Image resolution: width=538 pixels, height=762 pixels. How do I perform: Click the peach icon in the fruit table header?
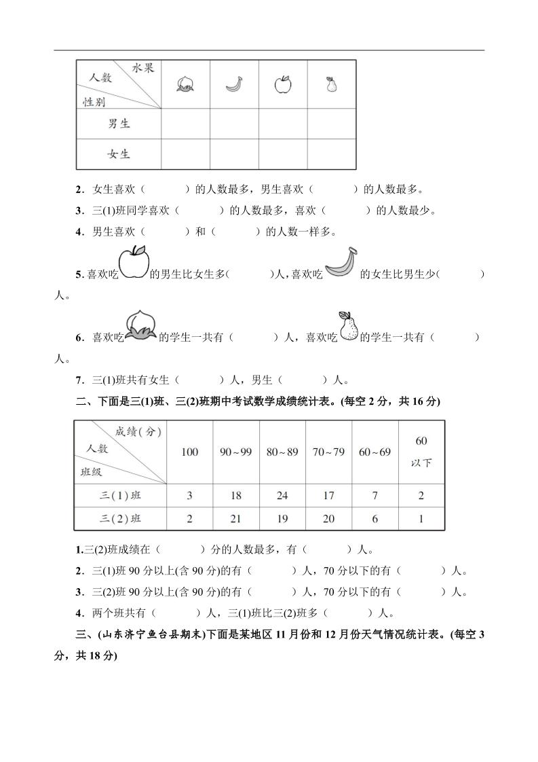(x=185, y=84)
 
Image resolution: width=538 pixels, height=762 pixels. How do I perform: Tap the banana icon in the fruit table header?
(x=234, y=84)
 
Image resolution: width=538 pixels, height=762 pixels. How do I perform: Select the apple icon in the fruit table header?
(x=282, y=84)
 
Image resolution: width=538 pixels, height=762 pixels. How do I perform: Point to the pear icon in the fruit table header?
(x=331, y=84)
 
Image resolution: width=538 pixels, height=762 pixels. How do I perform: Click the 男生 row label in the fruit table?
(x=119, y=124)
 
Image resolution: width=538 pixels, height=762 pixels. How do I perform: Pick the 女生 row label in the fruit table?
(x=119, y=154)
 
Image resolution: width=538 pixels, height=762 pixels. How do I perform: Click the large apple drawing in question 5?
(x=134, y=263)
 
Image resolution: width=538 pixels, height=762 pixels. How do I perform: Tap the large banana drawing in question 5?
(x=341, y=263)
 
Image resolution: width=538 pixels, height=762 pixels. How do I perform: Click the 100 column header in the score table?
(x=190, y=452)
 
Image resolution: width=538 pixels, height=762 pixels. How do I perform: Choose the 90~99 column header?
(x=236, y=452)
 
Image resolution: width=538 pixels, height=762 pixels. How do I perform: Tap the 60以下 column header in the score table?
(x=421, y=452)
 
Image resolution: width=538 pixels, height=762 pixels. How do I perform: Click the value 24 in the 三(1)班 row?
(x=282, y=496)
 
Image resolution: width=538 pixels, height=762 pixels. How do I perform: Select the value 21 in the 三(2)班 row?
(x=236, y=519)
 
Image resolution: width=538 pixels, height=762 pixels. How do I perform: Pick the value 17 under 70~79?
(x=328, y=496)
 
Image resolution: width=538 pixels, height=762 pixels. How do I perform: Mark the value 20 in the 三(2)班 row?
(x=328, y=519)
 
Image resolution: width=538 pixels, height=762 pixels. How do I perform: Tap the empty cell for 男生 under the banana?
(x=234, y=124)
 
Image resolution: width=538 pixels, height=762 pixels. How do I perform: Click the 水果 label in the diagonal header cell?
(x=143, y=68)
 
